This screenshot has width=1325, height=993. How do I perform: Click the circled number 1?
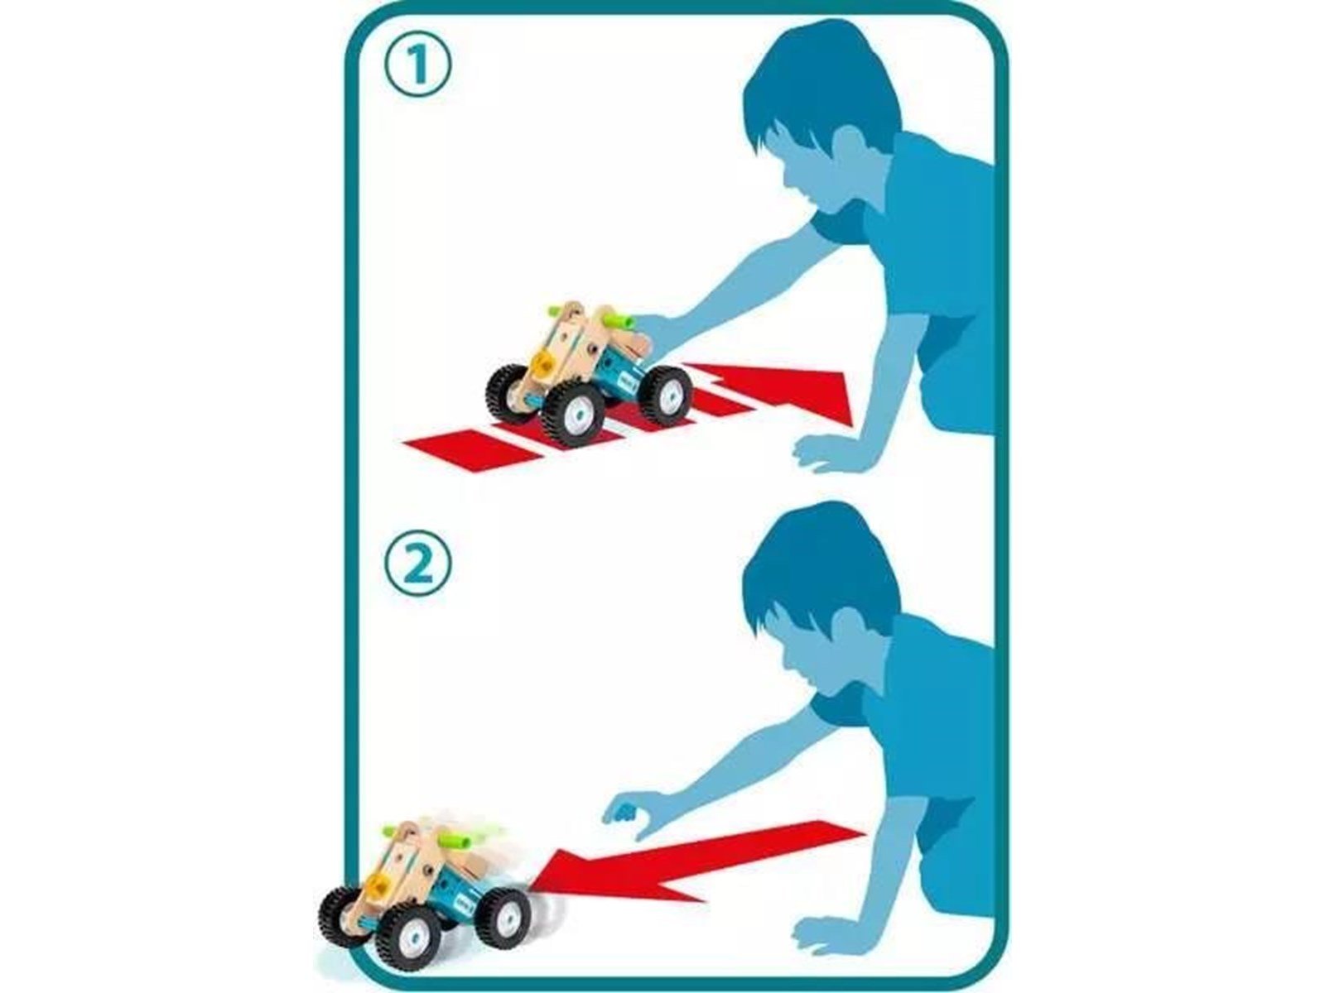(x=417, y=65)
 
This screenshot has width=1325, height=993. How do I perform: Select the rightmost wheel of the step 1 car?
(x=665, y=395)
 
